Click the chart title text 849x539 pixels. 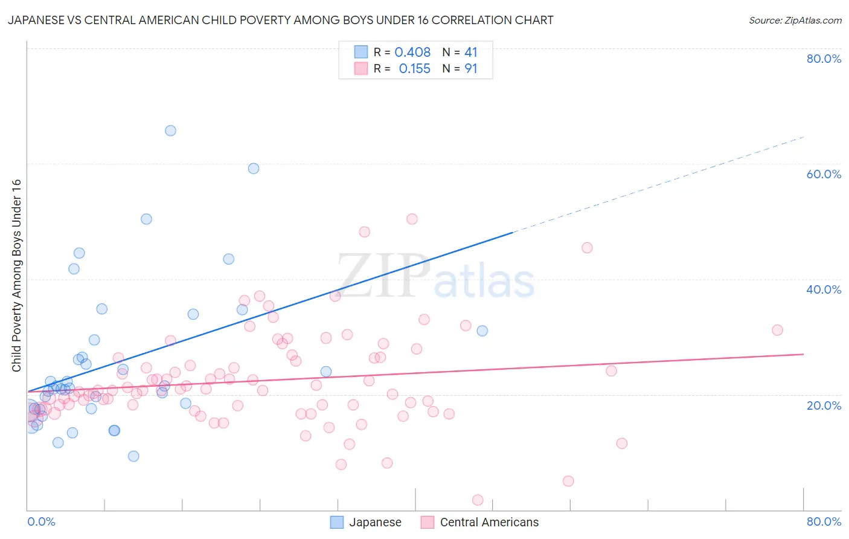pos(280,20)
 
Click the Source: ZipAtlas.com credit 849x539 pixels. pos(795,20)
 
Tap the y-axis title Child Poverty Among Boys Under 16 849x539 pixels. pos(16,276)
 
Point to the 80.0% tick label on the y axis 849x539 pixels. pos(824,59)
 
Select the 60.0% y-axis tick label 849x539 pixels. pos(824,174)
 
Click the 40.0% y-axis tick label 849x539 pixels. pos(824,289)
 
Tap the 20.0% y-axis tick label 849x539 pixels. pos(824,405)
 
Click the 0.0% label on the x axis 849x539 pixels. pos(41,521)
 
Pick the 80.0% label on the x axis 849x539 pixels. pos(824,521)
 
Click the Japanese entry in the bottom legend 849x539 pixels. pos(366,522)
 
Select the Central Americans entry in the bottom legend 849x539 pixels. pos(480,522)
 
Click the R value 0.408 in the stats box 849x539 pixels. pos(412,53)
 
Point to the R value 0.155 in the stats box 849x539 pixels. pos(414,69)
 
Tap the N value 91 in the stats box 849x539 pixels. pos(470,69)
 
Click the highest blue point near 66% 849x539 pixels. pos(171,131)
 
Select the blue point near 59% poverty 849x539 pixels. pos(254,169)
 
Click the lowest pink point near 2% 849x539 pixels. pos(478,500)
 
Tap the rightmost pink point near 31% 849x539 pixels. pos(777,330)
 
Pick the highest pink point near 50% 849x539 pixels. pos(412,219)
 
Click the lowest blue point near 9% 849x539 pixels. pos(133,456)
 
